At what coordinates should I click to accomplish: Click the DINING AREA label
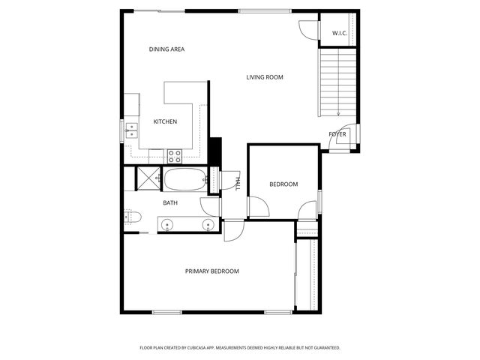click(166, 49)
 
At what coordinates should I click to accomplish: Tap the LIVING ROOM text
click(264, 77)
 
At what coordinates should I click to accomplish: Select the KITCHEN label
click(165, 121)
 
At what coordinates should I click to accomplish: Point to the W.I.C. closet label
click(339, 33)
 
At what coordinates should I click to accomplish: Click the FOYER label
click(337, 134)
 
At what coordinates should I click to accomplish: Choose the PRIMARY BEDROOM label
click(212, 271)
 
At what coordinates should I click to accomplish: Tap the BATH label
click(170, 202)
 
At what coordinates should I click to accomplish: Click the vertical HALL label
click(237, 182)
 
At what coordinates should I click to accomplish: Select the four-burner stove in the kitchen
click(175, 157)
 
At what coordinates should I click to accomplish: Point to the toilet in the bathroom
click(132, 217)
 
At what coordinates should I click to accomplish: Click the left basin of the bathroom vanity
click(167, 224)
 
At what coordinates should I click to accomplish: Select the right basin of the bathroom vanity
click(208, 224)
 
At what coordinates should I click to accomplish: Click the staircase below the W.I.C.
click(337, 82)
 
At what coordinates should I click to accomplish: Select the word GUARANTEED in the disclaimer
click(324, 348)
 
